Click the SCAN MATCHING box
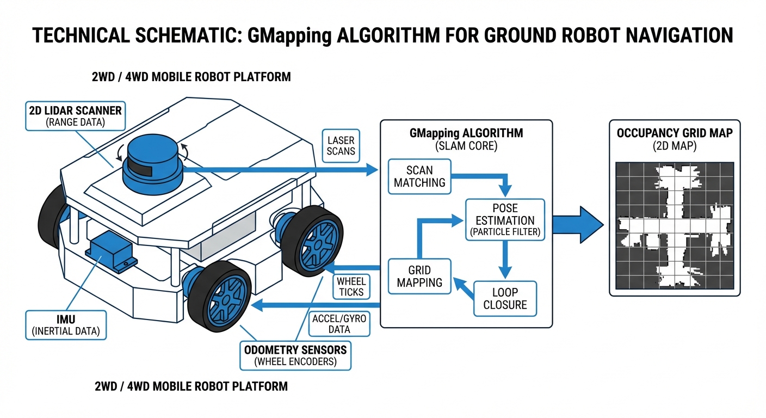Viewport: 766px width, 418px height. click(419, 176)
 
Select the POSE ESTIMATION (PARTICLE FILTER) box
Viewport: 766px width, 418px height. click(504, 220)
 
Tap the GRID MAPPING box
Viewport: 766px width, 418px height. click(419, 276)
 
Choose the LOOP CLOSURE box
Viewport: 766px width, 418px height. click(505, 298)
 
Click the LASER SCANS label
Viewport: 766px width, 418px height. click(341, 146)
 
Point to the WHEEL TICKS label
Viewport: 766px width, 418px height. click(351, 287)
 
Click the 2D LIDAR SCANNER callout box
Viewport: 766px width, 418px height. click(76, 115)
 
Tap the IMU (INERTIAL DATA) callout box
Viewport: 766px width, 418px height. click(66, 325)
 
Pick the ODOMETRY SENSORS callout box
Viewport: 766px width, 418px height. click(296, 355)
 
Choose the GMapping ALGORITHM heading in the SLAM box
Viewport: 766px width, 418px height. click(466, 134)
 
